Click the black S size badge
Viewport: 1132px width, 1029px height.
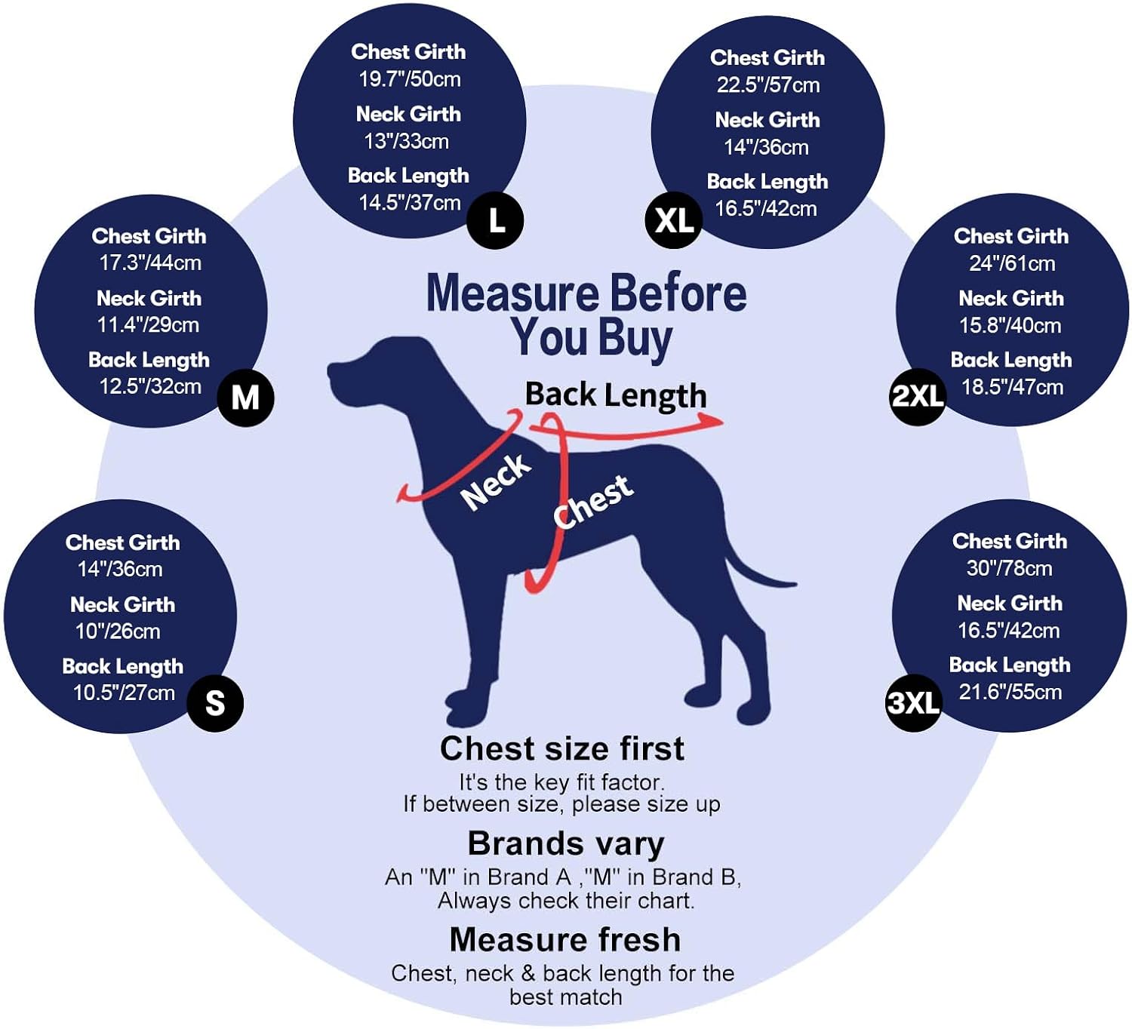point(215,703)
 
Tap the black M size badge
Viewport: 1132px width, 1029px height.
point(245,398)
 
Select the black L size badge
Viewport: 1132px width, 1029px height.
point(496,220)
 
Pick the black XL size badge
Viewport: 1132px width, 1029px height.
point(674,220)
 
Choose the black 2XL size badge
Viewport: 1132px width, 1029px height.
point(918,397)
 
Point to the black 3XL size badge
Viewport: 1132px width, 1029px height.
point(914,703)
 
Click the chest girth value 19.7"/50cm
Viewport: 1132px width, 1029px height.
point(410,79)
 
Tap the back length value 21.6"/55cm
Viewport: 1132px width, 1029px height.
point(1010,692)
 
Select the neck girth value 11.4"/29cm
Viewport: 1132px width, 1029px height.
point(149,325)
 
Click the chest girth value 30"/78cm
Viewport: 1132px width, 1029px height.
point(1010,568)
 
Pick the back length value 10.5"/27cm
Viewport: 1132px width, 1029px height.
point(125,693)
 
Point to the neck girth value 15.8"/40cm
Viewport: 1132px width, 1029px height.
point(1010,325)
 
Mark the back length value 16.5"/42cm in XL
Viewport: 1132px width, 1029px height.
point(766,209)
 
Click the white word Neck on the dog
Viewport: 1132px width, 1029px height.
point(496,482)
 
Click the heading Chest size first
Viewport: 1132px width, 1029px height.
point(562,748)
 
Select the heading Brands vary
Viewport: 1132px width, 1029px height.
point(566,844)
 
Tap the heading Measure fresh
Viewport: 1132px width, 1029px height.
point(565,940)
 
